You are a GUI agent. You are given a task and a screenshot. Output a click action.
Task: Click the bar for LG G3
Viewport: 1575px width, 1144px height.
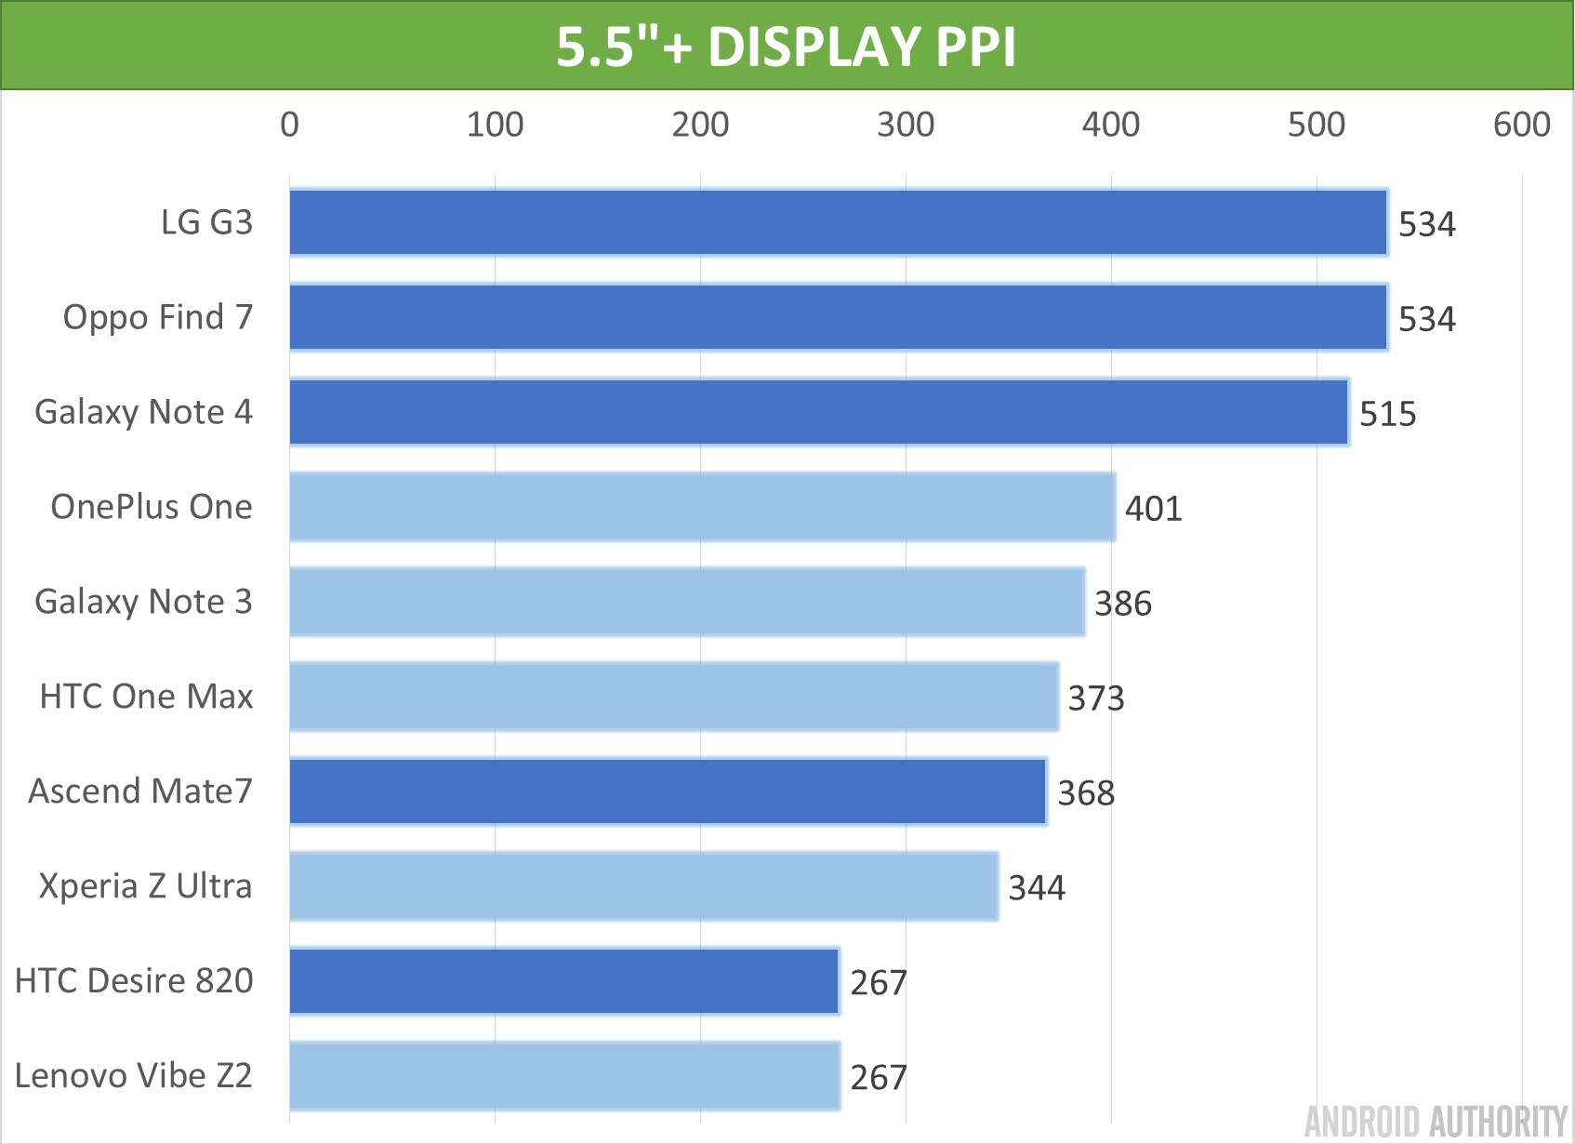[x=838, y=222]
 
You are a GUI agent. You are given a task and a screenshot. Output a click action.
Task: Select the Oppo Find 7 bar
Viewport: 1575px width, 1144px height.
[x=838, y=317]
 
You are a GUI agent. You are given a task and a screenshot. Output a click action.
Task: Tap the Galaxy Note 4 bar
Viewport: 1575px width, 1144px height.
[x=818, y=412]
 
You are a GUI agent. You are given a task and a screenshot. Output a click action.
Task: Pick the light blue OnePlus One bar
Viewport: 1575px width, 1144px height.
[x=702, y=507]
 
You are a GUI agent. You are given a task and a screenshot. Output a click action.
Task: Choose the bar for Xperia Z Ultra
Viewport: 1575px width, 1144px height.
[x=643, y=886]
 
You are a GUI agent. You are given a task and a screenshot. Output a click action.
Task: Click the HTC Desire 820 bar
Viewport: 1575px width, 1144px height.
[x=564, y=981]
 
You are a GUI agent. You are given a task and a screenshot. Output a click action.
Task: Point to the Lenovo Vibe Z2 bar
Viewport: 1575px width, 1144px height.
[x=564, y=1076]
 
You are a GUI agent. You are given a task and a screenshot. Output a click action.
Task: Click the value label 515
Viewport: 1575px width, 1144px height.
[x=1387, y=414]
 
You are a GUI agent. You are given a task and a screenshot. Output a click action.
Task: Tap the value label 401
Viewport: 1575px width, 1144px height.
[x=1153, y=509]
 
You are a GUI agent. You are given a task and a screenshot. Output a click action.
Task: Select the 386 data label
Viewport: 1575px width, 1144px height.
[x=1122, y=604]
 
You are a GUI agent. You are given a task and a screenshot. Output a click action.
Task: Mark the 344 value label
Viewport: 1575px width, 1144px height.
[x=1037, y=888]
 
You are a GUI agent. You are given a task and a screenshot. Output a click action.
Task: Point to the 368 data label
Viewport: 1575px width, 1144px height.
[x=1086, y=793]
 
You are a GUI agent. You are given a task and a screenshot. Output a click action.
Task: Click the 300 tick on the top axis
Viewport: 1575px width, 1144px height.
[x=906, y=125]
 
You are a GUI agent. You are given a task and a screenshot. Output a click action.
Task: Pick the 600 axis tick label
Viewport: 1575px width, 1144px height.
[x=1521, y=125]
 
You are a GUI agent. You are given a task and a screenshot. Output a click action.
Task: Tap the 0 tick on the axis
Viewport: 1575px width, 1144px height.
[x=289, y=125]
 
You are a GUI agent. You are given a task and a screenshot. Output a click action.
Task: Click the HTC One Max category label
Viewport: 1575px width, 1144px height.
[x=146, y=697]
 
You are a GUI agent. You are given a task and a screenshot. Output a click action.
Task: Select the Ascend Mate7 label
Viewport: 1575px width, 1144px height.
[x=140, y=791]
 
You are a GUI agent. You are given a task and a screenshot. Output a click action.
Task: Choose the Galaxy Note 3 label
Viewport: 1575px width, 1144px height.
[x=143, y=602]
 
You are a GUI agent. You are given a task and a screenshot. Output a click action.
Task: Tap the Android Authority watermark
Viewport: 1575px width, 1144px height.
[x=1436, y=1122]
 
